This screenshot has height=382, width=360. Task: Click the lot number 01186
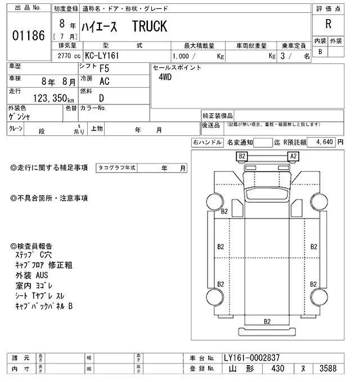point(28,36)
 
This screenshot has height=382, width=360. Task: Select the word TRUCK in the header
point(150,27)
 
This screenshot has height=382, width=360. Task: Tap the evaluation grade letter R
point(328,24)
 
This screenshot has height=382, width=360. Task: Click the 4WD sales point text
point(166,78)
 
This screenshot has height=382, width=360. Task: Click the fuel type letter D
point(101,97)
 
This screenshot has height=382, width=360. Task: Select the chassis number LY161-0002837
point(251,358)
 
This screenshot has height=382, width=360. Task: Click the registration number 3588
point(329,369)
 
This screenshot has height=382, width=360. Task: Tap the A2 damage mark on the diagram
point(293,156)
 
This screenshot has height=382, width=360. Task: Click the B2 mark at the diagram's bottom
point(268,321)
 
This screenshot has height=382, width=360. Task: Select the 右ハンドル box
point(207,143)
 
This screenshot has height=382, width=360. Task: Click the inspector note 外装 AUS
point(32,276)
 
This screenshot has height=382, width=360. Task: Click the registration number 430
point(276,369)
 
